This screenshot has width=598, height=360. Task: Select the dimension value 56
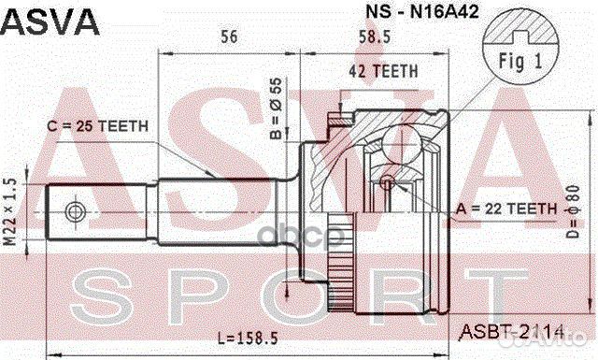(228, 36)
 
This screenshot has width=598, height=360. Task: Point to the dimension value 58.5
(379, 36)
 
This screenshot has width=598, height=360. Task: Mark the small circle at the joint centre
(388, 180)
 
